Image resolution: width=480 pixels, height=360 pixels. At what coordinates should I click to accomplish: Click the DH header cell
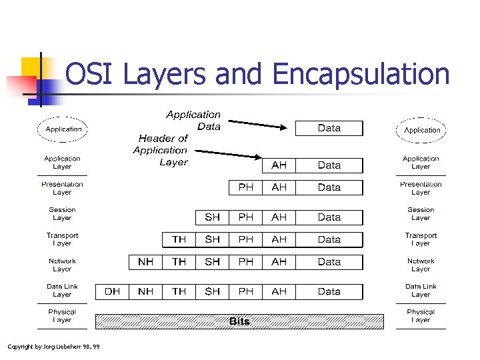point(112,291)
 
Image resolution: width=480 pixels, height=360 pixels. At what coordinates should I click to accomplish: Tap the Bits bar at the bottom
point(239,321)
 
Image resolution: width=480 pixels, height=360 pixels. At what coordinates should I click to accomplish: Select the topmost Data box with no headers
point(329,128)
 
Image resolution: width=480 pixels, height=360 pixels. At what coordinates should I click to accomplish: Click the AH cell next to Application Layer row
point(279,165)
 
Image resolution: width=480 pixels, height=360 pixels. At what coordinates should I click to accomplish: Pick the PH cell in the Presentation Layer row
point(246,187)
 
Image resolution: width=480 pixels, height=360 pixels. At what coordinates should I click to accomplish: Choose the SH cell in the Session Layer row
point(213,217)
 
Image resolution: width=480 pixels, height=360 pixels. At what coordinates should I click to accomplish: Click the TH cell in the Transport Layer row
point(179,239)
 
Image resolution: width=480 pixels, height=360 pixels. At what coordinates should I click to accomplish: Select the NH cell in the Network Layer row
point(145,262)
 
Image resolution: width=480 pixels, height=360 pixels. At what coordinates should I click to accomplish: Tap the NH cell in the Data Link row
point(145,291)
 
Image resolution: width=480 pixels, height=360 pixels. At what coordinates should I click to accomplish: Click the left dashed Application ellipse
point(63,129)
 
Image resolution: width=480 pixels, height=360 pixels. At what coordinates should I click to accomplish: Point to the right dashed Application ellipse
point(422,130)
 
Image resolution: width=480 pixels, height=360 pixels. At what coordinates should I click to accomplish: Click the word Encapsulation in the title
point(361,75)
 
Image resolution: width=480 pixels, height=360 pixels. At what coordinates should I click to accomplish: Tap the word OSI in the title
point(93,75)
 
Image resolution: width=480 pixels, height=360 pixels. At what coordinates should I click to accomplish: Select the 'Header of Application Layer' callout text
point(161,150)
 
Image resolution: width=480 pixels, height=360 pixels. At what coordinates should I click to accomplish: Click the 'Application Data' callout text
point(194,121)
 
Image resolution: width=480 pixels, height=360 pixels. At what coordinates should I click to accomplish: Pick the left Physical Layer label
point(62,316)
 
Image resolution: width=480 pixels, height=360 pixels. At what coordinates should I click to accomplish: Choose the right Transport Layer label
point(421,239)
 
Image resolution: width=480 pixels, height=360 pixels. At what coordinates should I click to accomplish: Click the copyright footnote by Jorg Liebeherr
point(53,346)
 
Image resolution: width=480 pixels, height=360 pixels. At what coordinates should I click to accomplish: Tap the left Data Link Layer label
point(62,291)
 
